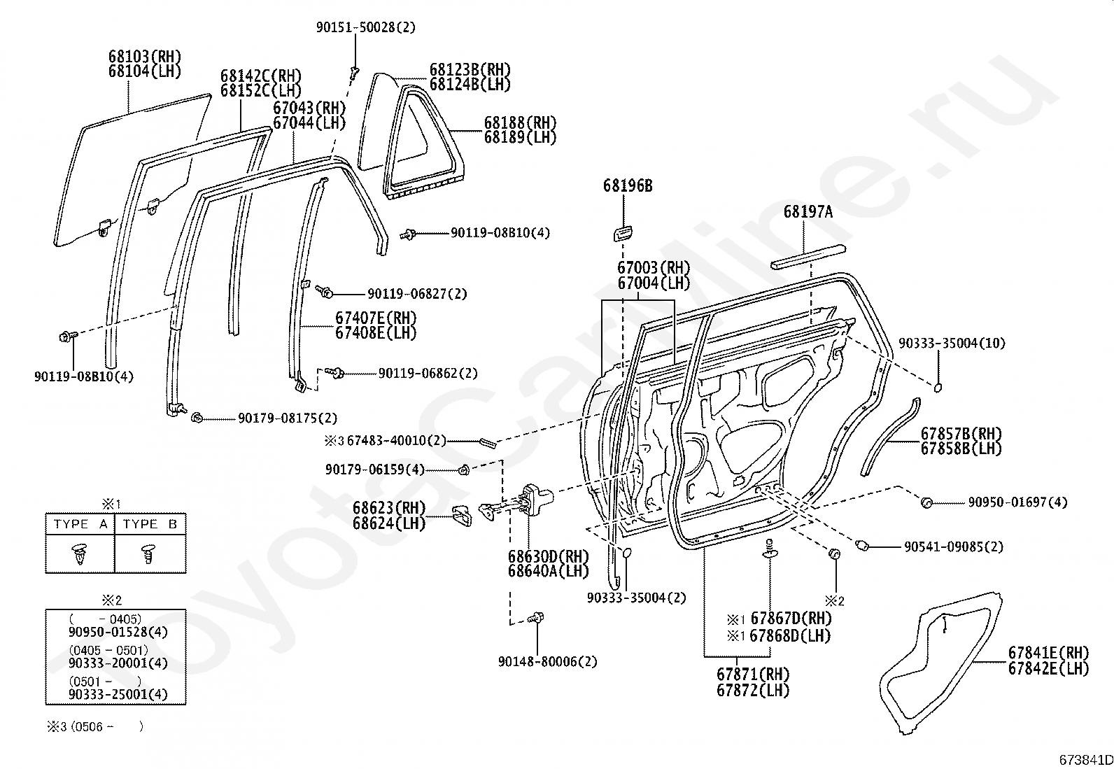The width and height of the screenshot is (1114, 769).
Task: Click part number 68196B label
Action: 628,185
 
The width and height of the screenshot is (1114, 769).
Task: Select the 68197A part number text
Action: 808,211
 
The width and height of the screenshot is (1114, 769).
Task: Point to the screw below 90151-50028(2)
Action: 355,70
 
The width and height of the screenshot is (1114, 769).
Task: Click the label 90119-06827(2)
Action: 417,294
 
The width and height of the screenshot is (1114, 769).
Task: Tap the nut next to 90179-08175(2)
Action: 197,418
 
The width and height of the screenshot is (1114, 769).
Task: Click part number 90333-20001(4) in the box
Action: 118,663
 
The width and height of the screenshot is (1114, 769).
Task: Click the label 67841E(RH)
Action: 1048,652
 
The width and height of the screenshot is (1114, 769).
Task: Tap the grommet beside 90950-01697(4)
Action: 927,502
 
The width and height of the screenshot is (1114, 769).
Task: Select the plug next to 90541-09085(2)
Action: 863,545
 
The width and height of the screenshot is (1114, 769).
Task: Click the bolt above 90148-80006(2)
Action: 537,618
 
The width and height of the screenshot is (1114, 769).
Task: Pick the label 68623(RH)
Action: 389,507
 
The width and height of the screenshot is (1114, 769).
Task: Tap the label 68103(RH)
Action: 145,56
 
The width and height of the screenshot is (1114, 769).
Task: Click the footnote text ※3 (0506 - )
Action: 95,726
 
